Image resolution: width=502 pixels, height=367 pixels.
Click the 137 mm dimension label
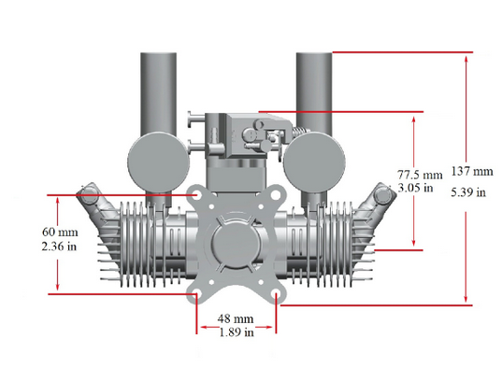point(472,171)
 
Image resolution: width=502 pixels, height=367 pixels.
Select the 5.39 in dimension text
point(468,192)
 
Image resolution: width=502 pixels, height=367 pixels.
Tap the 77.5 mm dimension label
point(420,175)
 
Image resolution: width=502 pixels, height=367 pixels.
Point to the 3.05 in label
point(415,188)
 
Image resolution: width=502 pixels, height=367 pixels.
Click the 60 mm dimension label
point(60,232)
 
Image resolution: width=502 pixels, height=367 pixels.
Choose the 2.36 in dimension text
point(59,247)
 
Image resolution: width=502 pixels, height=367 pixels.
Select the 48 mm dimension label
point(236,318)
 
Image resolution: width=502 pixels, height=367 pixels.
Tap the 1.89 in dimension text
point(237,332)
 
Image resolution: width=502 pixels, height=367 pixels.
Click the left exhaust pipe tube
point(159,92)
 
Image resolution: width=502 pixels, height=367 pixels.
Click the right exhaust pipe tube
point(314,92)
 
